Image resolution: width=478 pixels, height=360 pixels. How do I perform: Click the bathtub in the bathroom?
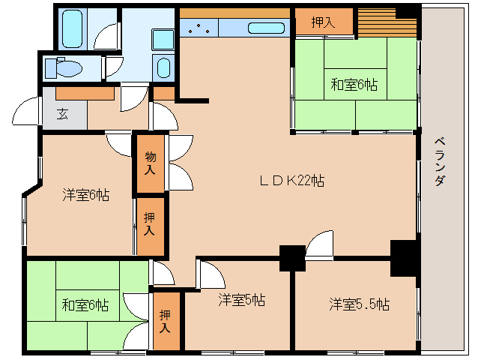point(73,29)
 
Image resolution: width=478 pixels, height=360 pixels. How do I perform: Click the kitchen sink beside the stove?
point(265,29)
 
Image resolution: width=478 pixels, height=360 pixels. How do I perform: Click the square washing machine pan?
point(162,39)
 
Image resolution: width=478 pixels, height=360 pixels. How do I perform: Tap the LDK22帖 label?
point(291,180)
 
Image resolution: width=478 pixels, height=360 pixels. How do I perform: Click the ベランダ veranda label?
point(440,162)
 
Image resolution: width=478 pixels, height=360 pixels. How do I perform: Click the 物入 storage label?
point(151,163)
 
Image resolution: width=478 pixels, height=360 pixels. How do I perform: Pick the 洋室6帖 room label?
point(85,195)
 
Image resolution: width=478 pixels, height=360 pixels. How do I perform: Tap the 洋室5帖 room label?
point(241,301)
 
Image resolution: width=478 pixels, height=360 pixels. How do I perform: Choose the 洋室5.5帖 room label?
point(359,304)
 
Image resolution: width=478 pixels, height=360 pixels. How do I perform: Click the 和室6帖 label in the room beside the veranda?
point(354,85)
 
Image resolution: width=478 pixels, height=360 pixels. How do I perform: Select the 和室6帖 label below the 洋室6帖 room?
point(85,305)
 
